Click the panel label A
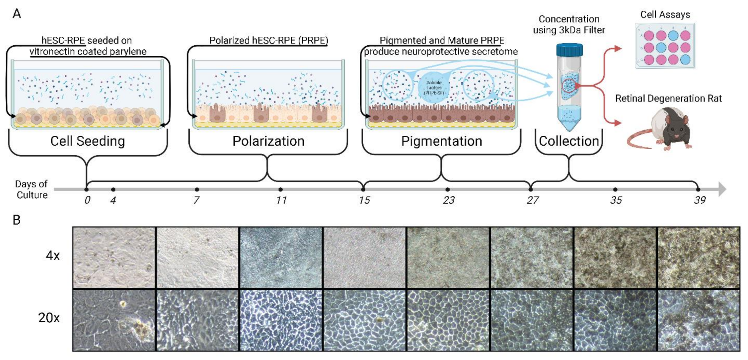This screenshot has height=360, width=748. [x=16, y=14]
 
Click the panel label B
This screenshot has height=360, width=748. [x=16, y=220]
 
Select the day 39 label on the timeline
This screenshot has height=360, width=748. [x=700, y=200]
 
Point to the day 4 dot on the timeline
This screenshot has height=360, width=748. [x=113, y=189]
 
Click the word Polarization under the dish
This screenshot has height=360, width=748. [x=268, y=141]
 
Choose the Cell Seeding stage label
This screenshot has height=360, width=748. [x=87, y=141]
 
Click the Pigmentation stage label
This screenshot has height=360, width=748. [x=441, y=141]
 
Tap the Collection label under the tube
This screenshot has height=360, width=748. [x=569, y=141]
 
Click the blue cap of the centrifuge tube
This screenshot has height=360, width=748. [x=569, y=50]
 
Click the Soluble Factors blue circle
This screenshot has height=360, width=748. [x=434, y=88]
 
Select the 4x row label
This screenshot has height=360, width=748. [x=52, y=255]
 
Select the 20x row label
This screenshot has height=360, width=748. [x=49, y=318]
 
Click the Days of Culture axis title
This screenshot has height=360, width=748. [x=32, y=189]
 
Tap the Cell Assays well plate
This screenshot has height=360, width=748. [x=665, y=46]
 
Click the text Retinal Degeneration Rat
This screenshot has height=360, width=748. [x=668, y=98]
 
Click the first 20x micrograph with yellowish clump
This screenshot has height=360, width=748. [x=114, y=320]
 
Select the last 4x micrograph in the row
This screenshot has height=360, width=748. [x=699, y=257]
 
